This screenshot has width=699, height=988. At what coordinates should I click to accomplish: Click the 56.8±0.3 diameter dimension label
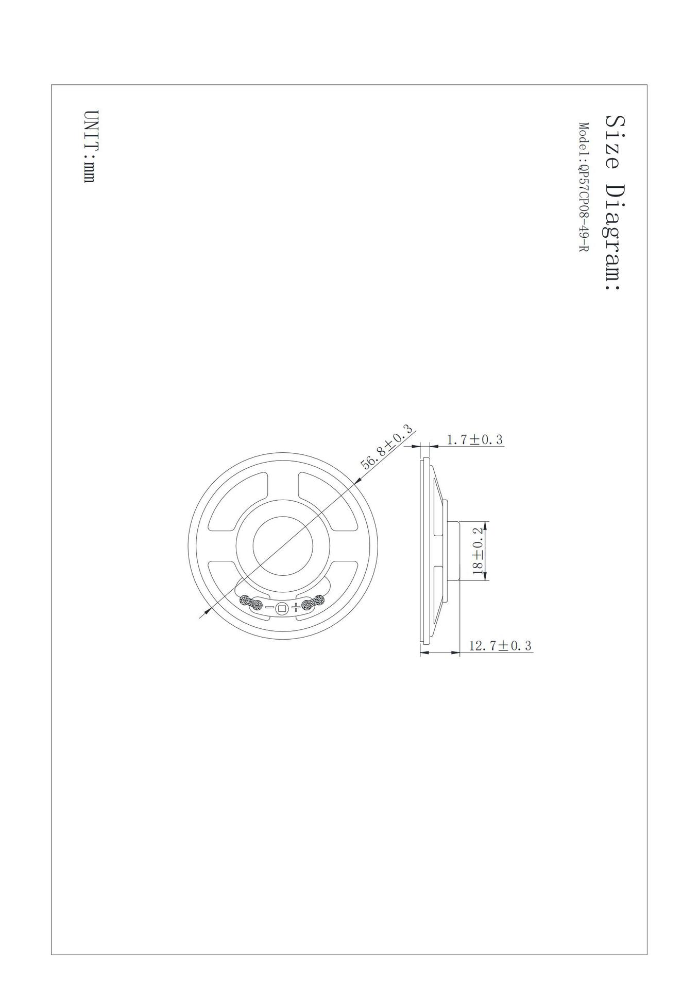coord(387,447)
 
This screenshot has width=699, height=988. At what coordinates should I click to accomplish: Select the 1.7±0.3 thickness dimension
coord(474,440)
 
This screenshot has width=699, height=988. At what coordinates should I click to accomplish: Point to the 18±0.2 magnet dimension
coord(479,551)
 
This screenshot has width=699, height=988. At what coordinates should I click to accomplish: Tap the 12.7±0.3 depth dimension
coord(500,646)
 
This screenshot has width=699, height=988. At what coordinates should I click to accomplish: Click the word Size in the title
coord(614,142)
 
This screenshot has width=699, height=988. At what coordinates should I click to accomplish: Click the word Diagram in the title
coord(614,237)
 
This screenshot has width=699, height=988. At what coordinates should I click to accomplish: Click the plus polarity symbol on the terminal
coord(295,608)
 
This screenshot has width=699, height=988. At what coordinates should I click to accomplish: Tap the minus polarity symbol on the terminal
coord(269,608)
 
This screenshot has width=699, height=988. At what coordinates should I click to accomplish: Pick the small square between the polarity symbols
coord(282,608)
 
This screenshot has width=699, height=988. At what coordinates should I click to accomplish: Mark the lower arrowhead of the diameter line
coord(207,610)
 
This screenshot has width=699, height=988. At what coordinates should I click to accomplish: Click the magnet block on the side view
coord(453,551)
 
